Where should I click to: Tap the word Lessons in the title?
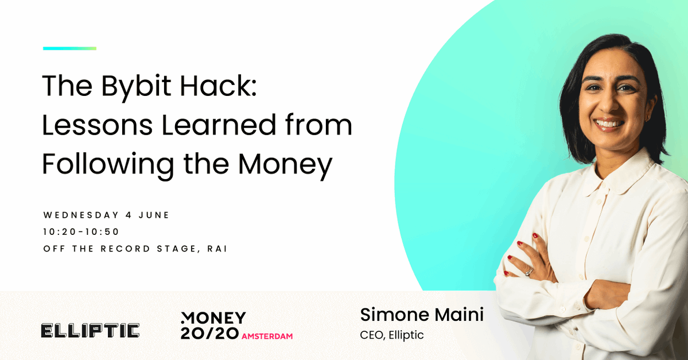[98, 125]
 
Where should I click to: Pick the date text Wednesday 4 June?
[106, 215]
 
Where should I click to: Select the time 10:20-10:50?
[81, 232]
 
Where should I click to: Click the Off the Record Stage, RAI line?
[135, 249]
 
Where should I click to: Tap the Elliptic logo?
[90, 331]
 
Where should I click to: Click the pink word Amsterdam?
[267, 336]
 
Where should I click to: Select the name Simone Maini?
[422, 315]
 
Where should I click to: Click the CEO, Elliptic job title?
[392, 335]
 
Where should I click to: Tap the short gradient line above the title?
[70, 48]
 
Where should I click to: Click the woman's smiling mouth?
[609, 124]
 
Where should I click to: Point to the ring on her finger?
[528, 273]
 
